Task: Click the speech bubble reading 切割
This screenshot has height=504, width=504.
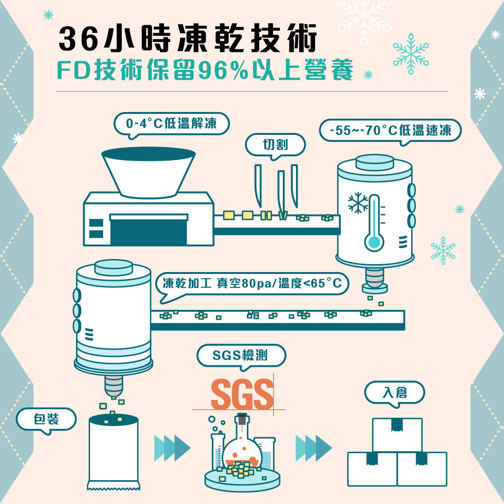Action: coord(275,145)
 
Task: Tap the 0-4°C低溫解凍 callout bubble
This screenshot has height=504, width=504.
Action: coord(171,124)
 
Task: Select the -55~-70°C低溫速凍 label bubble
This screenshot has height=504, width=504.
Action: coord(390,131)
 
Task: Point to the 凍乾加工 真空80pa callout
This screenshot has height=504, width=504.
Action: coord(252,284)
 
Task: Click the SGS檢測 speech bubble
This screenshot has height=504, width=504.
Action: coord(241,356)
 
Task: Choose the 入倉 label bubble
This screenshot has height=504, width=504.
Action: coord(394,393)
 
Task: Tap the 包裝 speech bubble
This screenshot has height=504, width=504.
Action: coord(46,420)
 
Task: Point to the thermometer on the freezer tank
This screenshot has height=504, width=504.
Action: coord(374,223)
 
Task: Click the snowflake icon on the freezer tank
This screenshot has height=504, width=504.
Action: coord(358,203)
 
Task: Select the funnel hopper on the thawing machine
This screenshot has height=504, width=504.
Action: coord(148,172)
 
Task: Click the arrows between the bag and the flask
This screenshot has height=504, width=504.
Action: coord(172,448)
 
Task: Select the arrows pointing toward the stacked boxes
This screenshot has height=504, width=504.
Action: coord(314,448)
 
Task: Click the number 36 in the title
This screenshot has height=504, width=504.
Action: coord(78,39)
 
